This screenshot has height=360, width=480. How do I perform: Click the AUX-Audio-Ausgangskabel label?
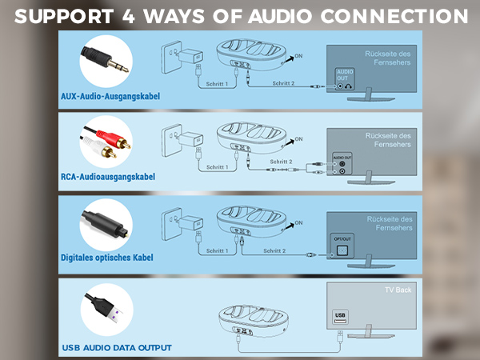click(110, 96)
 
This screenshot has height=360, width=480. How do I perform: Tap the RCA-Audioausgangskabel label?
click(110, 177)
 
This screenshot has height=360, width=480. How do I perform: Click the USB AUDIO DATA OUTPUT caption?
click(116, 348)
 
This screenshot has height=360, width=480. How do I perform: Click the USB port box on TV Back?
click(340, 316)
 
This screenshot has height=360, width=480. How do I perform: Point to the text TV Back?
click(398, 290)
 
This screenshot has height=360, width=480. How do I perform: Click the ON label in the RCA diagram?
click(299, 139)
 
